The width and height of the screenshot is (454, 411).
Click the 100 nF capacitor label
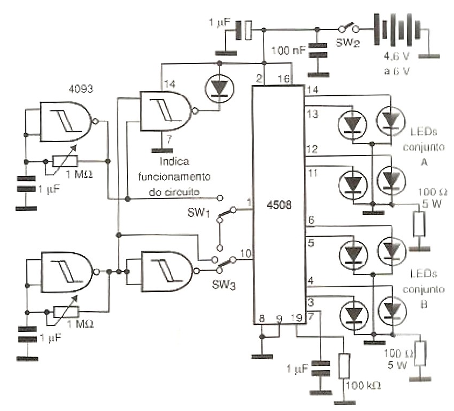tap(289, 51)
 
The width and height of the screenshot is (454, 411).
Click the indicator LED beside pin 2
tap(218, 88)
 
